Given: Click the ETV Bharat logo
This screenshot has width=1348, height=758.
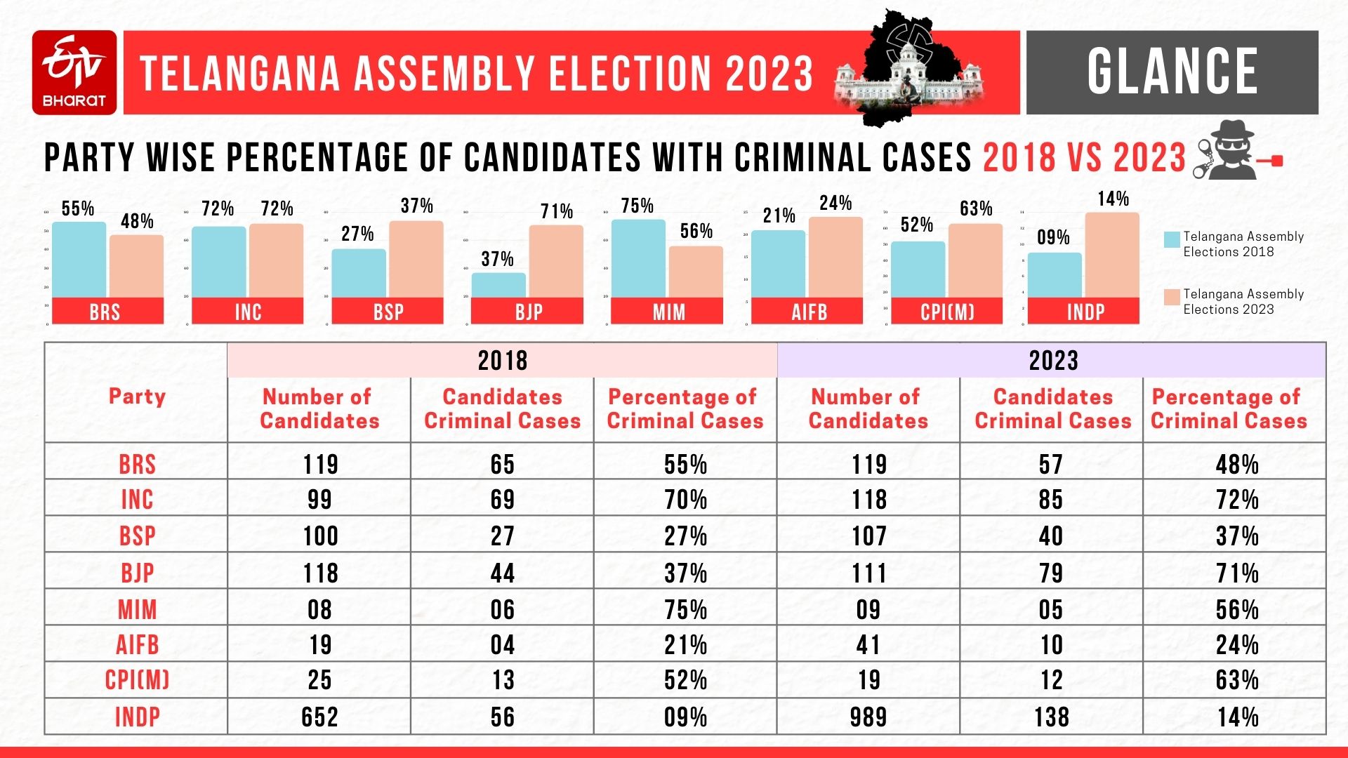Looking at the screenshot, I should pyautogui.click(x=74, y=72).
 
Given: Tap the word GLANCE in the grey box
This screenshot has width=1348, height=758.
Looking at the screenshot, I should pyautogui.click(x=1172, y=72).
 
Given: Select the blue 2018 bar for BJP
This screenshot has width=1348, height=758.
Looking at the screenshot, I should pyautogui.click(x=498, y=285).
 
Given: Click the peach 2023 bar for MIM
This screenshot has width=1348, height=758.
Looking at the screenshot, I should pyautogui.click(x=696, y=272).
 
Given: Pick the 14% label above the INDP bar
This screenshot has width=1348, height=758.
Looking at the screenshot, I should pyautogui.click(x=1113, y=199).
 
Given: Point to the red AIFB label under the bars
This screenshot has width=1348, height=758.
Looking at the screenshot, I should pyautogui.click(x=809, y=312).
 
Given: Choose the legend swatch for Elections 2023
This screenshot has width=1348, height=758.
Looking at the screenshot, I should pyautogui.click(x=1172, y=297).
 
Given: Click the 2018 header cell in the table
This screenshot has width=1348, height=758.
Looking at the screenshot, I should pyautogui.click(x=502, y=361).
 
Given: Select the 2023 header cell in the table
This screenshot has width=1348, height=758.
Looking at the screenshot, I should pyautogui.click(x=1052, y=361).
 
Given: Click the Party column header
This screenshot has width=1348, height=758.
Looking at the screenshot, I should pyautogui.click(x=137, y=397).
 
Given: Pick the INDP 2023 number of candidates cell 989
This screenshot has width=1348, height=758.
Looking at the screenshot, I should pyautogui.click(x=868, y=717).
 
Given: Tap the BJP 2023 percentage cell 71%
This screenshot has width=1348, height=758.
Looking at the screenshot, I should pyautogui.click(x=1236, y=573).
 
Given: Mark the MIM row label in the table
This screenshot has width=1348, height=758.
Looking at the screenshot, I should pyautogui.click(x=137, y=609).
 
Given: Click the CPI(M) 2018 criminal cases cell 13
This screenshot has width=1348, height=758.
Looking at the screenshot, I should pyautogui.click(x=502, y=679).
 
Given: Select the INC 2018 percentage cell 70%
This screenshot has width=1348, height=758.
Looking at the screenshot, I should pyautogui.click(x=685, y=499).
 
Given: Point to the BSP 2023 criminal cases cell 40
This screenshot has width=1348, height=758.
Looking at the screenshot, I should pyautogui.click(x=1051, y=536).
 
